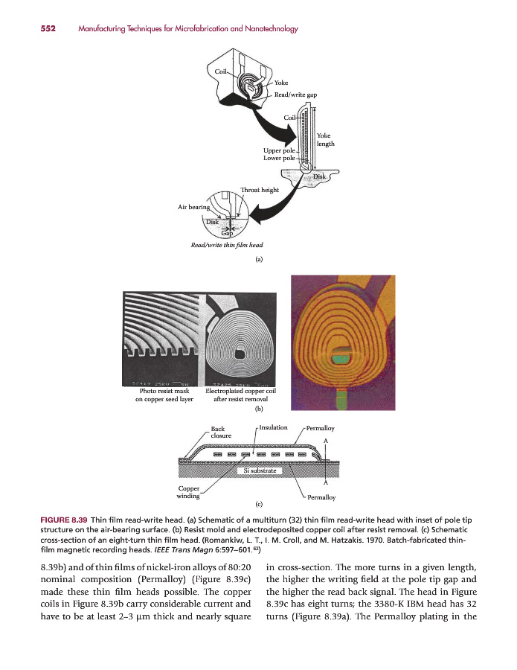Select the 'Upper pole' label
click(x=280, y=151)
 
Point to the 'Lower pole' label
click(x=279, y=159)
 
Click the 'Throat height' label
click(x=260, y=190)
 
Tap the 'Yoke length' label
click(x=326, y=139)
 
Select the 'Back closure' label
click(x=221, y=432)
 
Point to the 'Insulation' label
click(x=273, y=427)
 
